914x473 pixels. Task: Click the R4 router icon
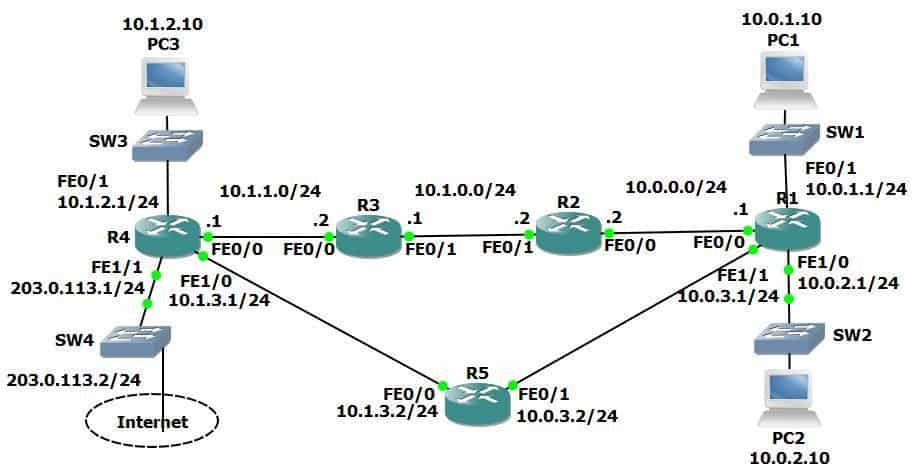pos(167,237)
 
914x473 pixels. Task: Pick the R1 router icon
pos(787,231)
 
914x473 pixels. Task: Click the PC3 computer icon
pos(167,84)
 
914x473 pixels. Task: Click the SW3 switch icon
pos(167,141)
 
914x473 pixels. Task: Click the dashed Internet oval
pos(152,421)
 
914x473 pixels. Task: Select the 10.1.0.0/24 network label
pos(465,188)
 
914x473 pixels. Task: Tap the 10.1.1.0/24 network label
pos(270,189)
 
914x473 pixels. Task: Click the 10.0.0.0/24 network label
pos(675,186)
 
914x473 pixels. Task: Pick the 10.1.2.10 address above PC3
pos(162,25)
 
